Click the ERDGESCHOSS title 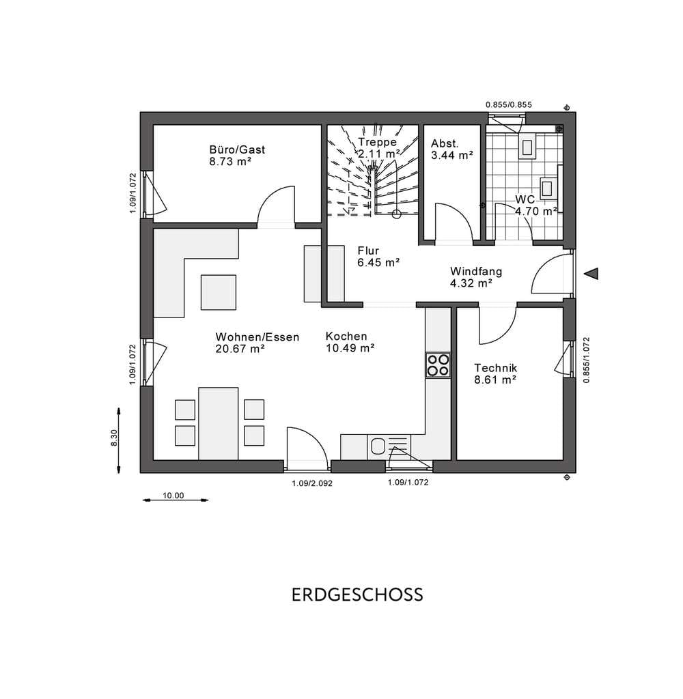tap(357, 595)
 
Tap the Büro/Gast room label tap(237, 149)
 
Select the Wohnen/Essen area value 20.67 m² tap(240, 349)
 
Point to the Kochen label tap(346, 336)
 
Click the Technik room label tap(496, 368)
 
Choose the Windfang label tap(476, 272)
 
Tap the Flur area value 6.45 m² tap(378, 263)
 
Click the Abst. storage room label tap(445, 143)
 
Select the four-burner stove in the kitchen tap(438, 365)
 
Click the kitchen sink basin tap(378, 446)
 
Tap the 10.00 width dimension tap(173, 496)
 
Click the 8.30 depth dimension tap(114, 438)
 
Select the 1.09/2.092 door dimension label tap(312, 483)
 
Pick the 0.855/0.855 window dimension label tap(509, 104)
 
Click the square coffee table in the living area tap(218, 292)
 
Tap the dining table tap(218, 423)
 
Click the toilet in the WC tap(528, 146)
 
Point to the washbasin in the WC tap(546, 188)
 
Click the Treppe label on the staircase tap(377, 142)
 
